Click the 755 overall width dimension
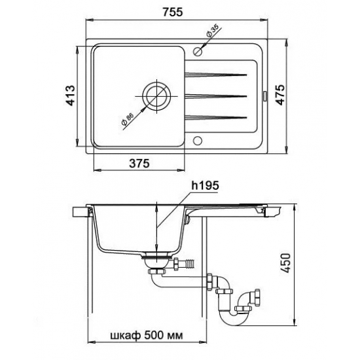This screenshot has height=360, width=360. click(173, 12)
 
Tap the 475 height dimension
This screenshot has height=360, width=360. click(280, 95)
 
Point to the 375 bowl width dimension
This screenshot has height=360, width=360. click(139, 164)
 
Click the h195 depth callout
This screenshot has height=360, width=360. click(205, 185)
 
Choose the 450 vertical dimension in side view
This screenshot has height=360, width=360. click(286, 263)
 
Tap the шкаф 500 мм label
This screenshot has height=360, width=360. click(147, 336)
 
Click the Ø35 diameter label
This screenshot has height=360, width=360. click(212, 31)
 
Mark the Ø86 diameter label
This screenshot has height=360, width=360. click(128, 118)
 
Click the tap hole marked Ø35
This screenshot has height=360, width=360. click(198, 52)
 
